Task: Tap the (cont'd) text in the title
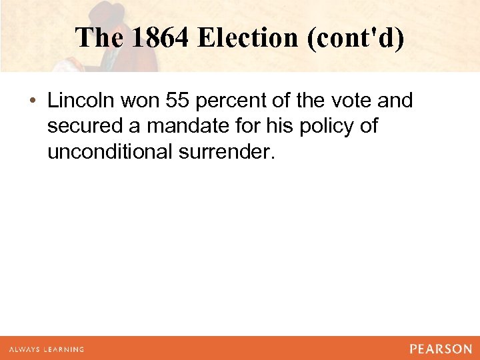(x=355, y=38)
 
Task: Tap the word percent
(x=237, y=101)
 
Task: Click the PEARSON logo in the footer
(x=441, y=349)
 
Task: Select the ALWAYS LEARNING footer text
(x=47, y=349)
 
